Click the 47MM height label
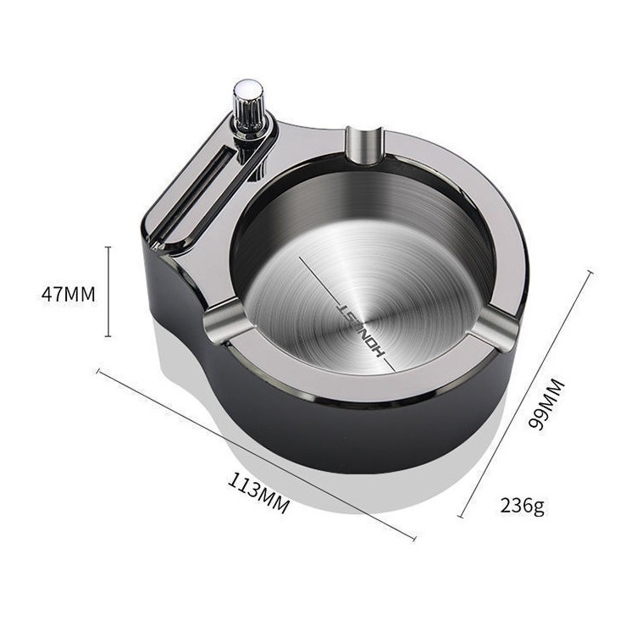pyautogui.click(x=69, y=294)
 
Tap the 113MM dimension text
pyautogui.click(x=259, y=493)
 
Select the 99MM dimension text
pyautogui.click(x=546, y=403)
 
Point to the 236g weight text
pyautogui.click(x=522, y=506)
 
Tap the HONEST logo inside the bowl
pyautogui.click(x=361, y=330)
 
